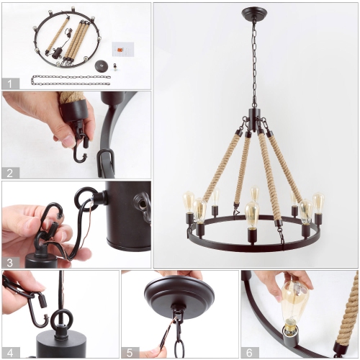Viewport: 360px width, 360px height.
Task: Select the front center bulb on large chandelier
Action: [x=252, y=214]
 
